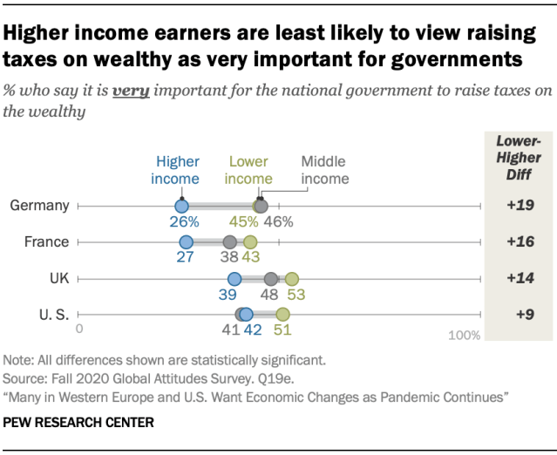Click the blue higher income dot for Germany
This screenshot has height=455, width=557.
pos(181,206)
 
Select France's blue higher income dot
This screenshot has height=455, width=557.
pos(186,242)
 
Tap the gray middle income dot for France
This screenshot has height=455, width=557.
pos(229,242)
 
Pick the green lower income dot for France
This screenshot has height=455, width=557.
pos(250,242)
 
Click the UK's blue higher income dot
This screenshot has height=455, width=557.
pos(234,279)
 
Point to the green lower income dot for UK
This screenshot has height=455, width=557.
pos(291,279)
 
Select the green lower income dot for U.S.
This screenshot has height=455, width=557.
pos(282,315)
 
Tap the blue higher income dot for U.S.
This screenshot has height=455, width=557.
pos(247,315)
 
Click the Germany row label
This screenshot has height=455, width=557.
pos(39,207)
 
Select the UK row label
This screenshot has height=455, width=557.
pos(58,279)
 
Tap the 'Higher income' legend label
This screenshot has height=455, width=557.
pos(176,170)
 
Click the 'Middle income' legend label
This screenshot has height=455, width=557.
pos(324,170)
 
